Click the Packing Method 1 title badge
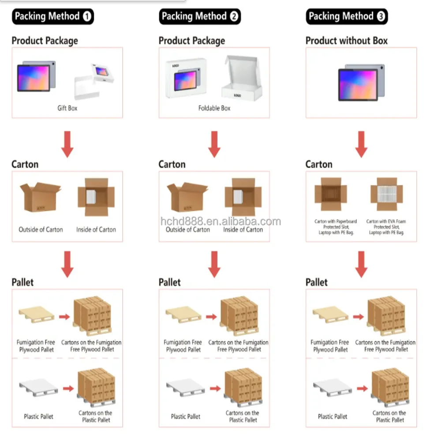pos(52,17)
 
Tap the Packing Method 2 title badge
pos(200,17)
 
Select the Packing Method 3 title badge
pos(347,17)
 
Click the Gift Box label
pos(67,108)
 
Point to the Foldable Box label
pos(214,108)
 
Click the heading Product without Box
pos(346,41)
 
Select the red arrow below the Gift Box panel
pos(67,144)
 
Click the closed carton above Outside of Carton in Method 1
pos(40,197)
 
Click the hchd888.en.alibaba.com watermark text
pos(220,222)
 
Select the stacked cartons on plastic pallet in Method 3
pos(390,388)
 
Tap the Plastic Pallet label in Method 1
pos(38,416)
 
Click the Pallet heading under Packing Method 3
pos(317,282)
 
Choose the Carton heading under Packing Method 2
pos(172,164)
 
